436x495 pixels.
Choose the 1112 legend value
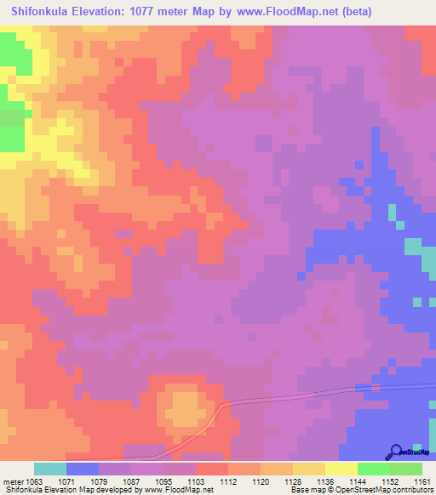(228, 482)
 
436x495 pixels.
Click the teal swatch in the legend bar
(50, 469)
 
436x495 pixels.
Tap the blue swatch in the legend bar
(83, 469)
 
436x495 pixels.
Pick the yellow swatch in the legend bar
(341, 469)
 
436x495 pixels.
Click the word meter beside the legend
(12, 482)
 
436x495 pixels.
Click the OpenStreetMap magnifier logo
(396, 452)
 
